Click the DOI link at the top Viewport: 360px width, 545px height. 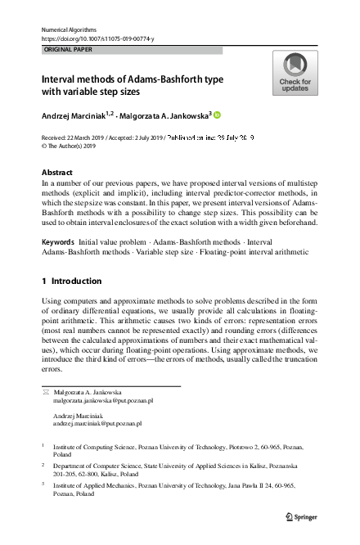(97, 38)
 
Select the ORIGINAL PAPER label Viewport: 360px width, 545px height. (70, 50)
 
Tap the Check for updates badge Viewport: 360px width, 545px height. (295, 73)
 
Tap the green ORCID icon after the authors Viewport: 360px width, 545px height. (218, 115)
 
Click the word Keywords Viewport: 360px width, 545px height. (58, 244)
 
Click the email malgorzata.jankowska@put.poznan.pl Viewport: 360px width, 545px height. (103, 401)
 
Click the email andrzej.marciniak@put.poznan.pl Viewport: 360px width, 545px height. (97, 424)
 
